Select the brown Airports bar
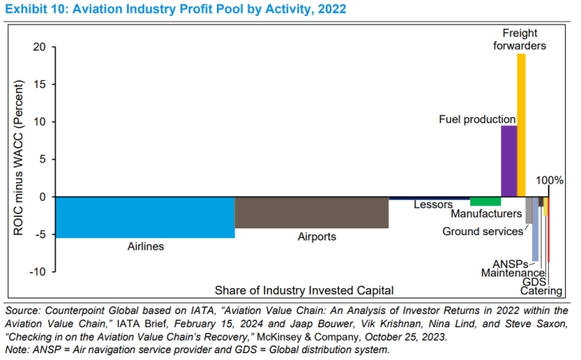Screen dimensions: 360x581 (x=311, y=212)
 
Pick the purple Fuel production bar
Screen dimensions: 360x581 (x=508, y=161)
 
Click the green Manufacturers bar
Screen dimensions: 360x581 (x=485, y=201)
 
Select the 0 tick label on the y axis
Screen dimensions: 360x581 (x=42, y=197)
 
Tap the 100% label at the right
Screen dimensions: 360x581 (x=550, y=181)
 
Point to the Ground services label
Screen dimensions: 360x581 (x=483, y=231)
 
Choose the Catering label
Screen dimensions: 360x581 (x=541, y=291)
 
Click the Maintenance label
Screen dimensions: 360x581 (x=513, y=273)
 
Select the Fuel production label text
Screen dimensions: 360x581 (x=477, y=119)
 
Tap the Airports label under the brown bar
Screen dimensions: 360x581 (x=317, y=237)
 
